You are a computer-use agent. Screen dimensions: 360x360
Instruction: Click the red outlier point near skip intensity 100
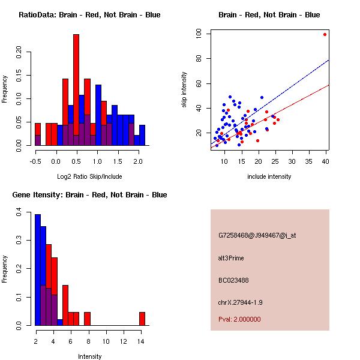point(325,34)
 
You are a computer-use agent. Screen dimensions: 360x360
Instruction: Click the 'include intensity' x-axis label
point(269,176)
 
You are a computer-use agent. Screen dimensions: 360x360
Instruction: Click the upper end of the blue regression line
point(329,60)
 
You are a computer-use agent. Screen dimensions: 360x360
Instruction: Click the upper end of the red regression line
point(329,85)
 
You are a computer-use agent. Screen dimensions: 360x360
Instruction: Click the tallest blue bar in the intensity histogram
point(38,270)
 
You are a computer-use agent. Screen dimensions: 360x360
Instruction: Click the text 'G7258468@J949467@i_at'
point(257,235)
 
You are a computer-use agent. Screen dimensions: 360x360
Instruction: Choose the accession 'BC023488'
point(235,280)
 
